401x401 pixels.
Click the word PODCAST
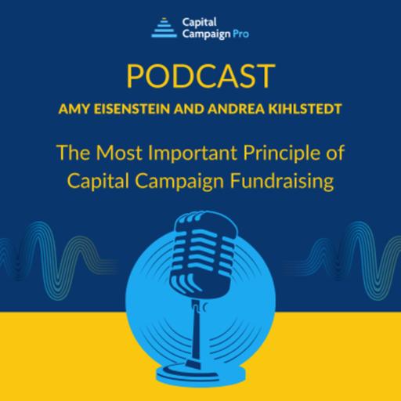coord(200,77)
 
